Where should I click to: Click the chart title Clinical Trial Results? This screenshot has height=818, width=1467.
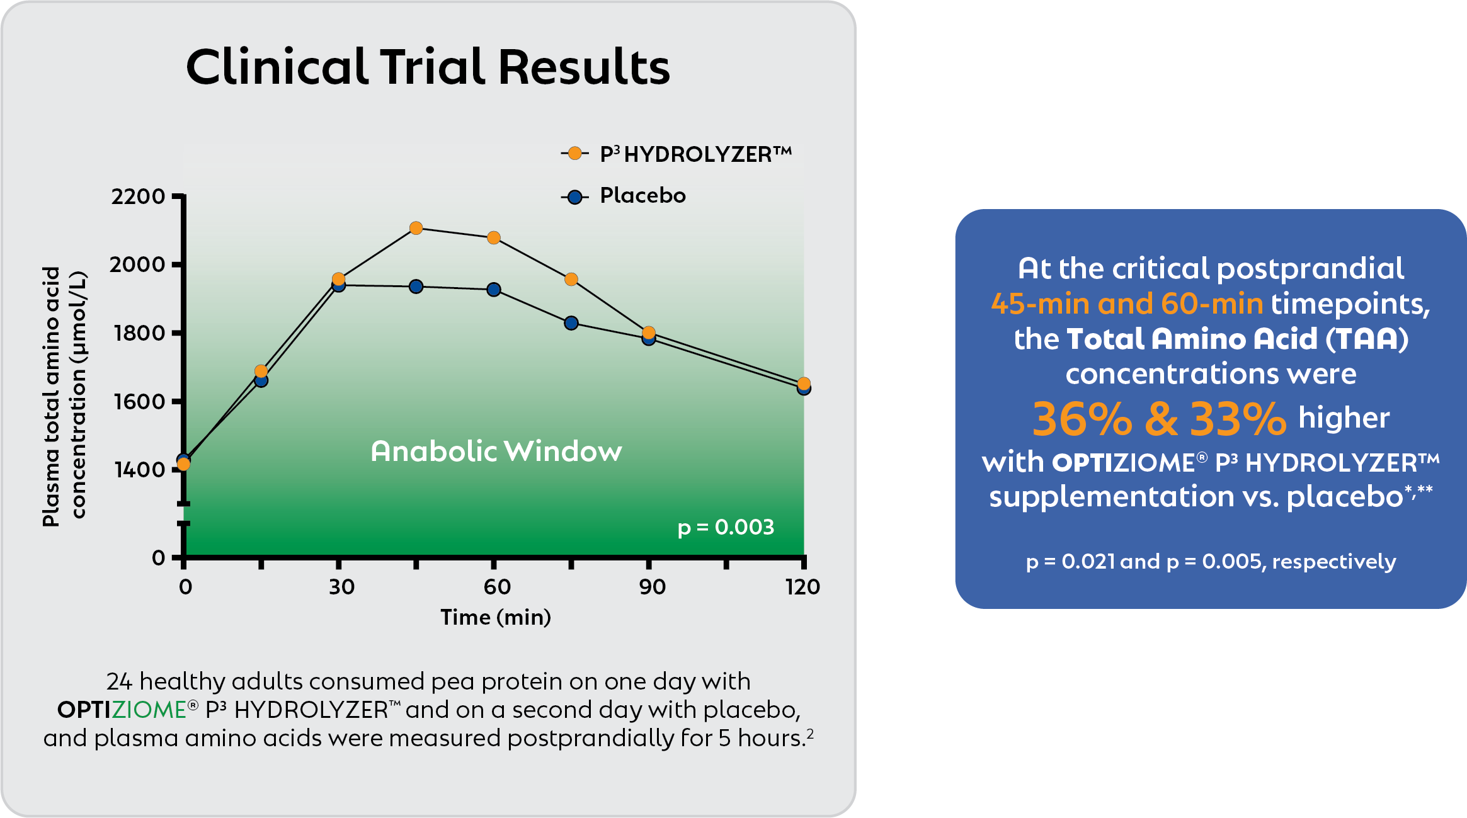point(428,67)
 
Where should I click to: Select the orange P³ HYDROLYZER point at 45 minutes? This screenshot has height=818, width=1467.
point(416,228)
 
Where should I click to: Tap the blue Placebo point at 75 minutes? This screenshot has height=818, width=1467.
point(571,323)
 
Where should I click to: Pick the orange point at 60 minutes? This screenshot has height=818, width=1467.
point(494,237)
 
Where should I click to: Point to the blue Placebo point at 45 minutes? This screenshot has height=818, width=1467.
point(416,287)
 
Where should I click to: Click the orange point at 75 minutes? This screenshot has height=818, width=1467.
point(571,279)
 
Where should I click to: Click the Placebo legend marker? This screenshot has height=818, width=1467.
point(574,197)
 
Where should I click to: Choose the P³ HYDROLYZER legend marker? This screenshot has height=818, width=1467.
point(574,153)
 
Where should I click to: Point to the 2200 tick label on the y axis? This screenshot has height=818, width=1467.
point(138,196)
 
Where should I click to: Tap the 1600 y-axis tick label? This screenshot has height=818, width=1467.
point(139,401)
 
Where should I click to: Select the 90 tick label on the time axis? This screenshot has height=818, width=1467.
point(652,587)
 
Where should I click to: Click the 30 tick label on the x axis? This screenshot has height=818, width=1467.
point(341,587)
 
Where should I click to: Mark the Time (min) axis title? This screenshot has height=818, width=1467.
point(496,617)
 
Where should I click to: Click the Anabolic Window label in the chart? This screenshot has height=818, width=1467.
point(496,451)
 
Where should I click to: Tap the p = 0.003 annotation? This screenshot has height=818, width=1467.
point(726,527)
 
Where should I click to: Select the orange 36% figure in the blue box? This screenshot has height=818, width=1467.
point(1082,419)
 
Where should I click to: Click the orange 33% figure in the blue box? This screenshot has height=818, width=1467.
point(1238,419)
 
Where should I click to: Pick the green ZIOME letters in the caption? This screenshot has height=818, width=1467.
point(149,710)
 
